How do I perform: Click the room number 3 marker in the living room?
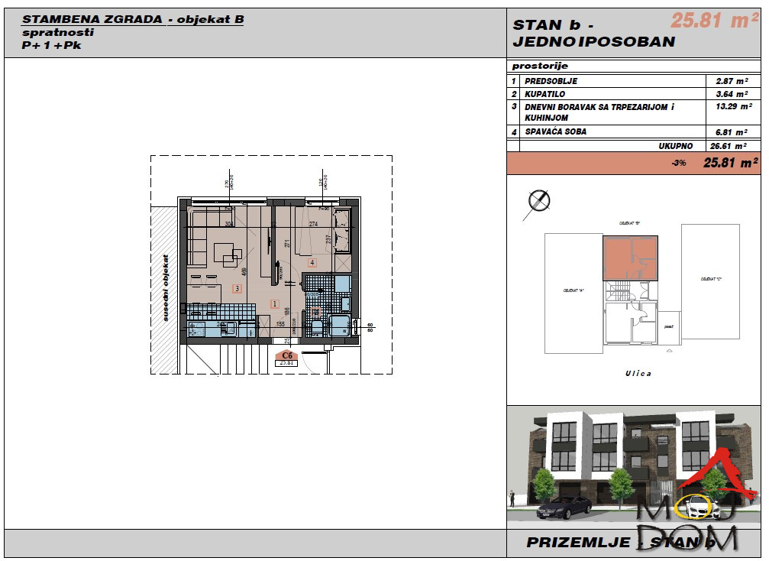(237, 288)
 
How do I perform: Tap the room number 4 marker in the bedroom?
(312, 262)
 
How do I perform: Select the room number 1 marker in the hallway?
(274, 303)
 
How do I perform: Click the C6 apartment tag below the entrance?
(287, 355)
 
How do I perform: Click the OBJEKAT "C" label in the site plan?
(711, 280)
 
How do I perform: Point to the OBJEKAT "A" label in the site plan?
(573, 290)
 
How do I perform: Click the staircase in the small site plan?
(617, 291)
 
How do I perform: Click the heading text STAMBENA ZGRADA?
(93, 20)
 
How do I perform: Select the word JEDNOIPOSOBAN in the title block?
(594, 42)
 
